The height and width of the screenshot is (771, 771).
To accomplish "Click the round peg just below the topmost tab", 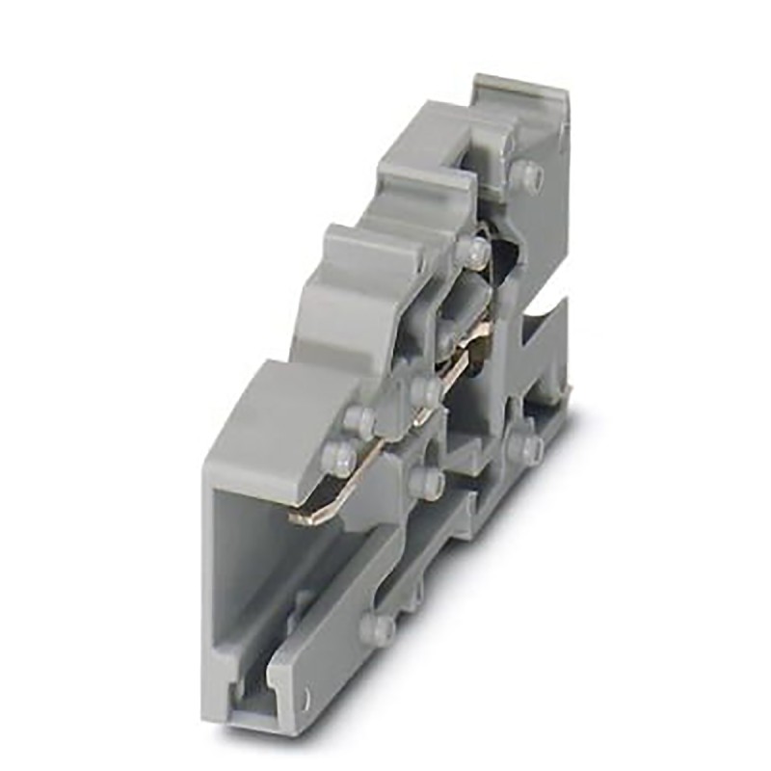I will point(526,175).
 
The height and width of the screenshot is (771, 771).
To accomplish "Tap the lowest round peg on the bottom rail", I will point(378,628).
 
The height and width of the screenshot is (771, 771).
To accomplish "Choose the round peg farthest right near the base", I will point(526,447).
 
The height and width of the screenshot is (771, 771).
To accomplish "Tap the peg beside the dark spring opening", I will point(472,251).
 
